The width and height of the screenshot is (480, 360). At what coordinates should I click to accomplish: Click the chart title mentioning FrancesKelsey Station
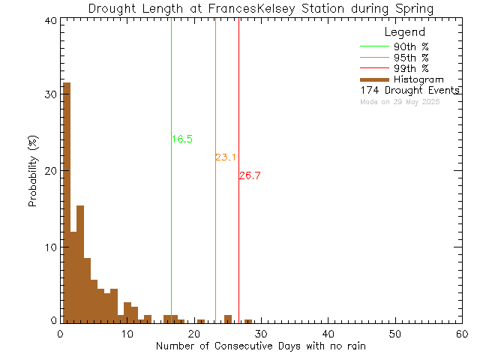[260, 8]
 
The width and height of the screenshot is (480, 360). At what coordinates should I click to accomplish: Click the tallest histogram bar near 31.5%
[66, 202]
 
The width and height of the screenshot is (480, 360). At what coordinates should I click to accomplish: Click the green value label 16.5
[182, 139]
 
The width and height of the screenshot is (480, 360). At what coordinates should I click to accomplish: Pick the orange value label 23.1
[226, 157]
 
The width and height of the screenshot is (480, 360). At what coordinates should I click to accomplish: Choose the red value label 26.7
[250, 175]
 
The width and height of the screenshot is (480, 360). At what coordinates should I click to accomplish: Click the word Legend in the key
[404, 33]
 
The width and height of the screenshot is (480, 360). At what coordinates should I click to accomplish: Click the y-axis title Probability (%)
[33, 172]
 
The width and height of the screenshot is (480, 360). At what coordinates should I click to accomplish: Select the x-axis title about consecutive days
[261, 346]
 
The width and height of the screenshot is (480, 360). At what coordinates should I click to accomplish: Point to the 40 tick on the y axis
[50, 21]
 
